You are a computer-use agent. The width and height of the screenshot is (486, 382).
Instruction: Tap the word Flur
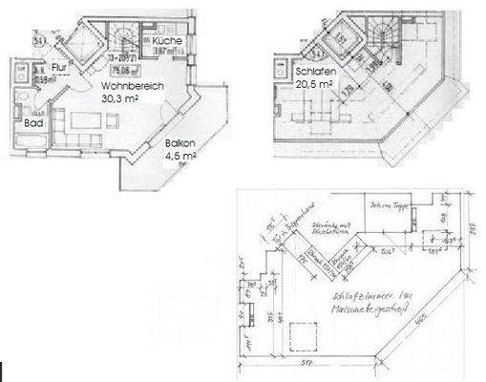click(x=58, y=67)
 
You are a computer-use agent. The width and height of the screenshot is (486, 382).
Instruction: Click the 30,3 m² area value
click(x=121, y=95)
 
